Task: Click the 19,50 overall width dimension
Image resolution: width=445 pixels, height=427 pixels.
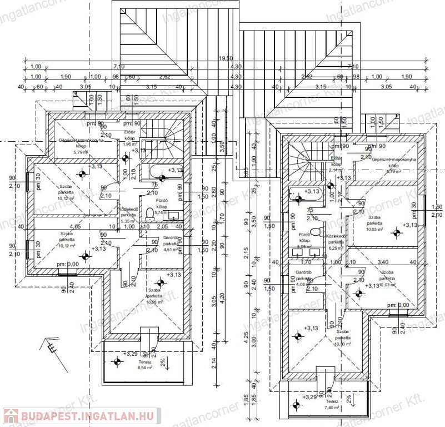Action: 224,58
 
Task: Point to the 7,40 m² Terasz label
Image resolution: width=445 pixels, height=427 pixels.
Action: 332,404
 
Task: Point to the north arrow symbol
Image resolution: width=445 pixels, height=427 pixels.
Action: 50,346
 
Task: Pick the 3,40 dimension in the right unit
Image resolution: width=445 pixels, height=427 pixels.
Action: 382,261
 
